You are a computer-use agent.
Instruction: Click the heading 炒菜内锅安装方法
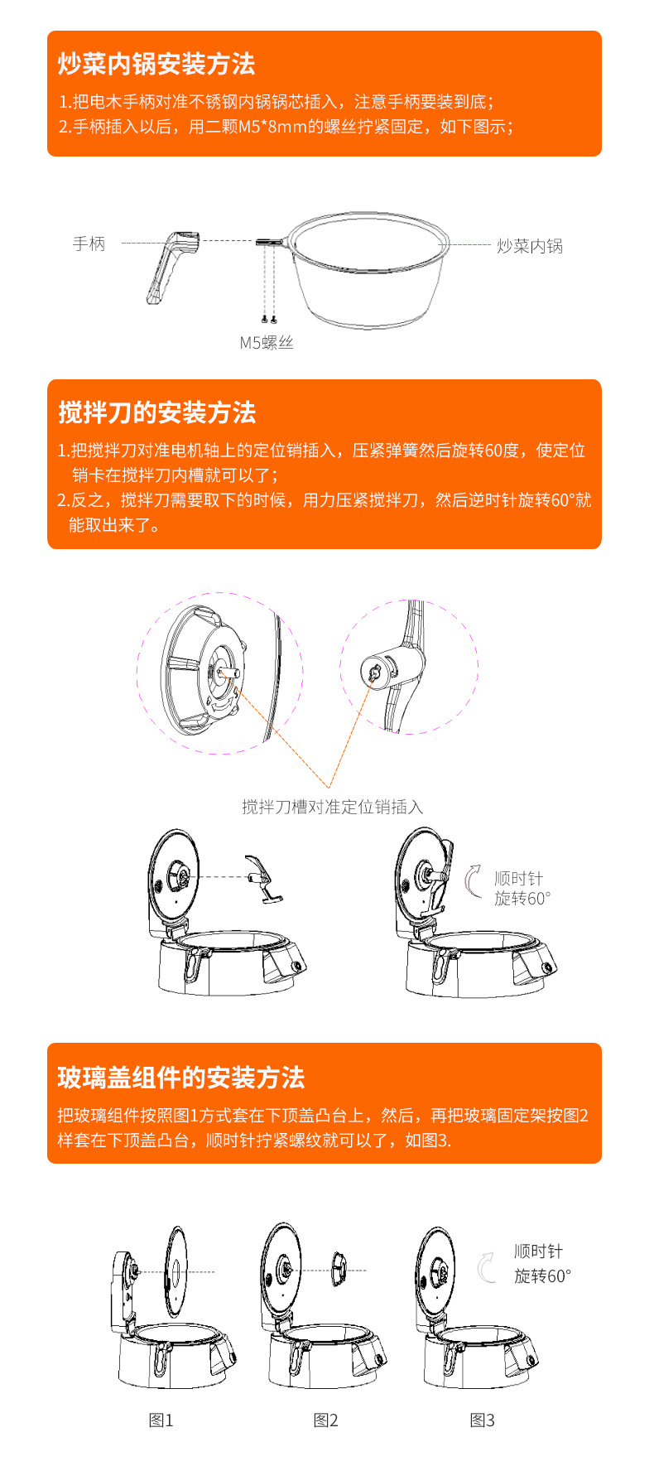click(156, 64)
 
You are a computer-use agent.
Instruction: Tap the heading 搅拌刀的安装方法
click(156, 412)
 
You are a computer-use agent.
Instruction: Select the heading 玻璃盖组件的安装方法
click(181, 1078)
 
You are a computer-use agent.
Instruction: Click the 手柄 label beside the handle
click(89, 244)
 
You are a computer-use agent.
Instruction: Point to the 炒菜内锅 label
click(530, 246)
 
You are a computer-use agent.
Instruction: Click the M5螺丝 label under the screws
click(267, 343)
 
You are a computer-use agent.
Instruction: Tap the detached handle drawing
click(173, 266)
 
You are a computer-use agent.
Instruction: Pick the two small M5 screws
click(268, 318)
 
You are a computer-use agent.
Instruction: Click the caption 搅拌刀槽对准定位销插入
click(332, 807)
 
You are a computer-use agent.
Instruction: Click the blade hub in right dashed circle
click(376, 672)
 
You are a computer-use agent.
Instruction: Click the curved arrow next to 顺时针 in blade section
click(473, 880)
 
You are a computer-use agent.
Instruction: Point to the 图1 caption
click(161, 1420)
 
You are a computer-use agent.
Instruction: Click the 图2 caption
click(325, 1420)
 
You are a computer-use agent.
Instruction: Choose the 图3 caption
click(482, 1420)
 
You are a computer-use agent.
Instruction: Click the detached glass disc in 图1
click(176, 1271)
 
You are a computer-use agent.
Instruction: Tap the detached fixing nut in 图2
click(339, 1270)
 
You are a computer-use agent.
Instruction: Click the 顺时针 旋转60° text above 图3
click(541, 1264)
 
